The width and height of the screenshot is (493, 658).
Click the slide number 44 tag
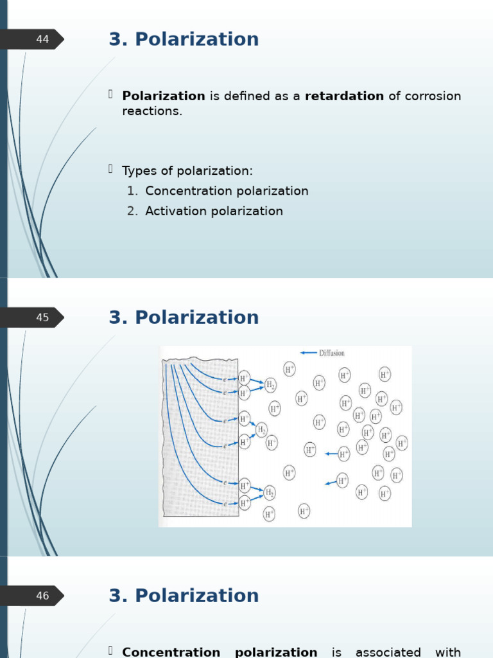[42, 40]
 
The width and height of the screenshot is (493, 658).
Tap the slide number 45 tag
[42, 317]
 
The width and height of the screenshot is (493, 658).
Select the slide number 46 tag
[42, 596]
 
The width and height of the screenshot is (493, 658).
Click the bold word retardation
[344, 96]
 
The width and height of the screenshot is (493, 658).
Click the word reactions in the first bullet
[152, 111]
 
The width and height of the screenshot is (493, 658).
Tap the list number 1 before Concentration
[132, 191]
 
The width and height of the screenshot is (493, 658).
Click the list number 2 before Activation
[132, 211]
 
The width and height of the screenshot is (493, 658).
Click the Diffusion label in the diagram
[332, 353]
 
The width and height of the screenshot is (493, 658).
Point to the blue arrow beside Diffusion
[309, 353]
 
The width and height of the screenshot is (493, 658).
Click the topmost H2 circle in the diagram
[271, 385]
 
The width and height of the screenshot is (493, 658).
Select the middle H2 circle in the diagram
[261, 429]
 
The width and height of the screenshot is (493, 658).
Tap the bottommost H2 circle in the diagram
[270, 493]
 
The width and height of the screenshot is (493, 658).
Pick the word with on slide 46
[448, 652]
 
